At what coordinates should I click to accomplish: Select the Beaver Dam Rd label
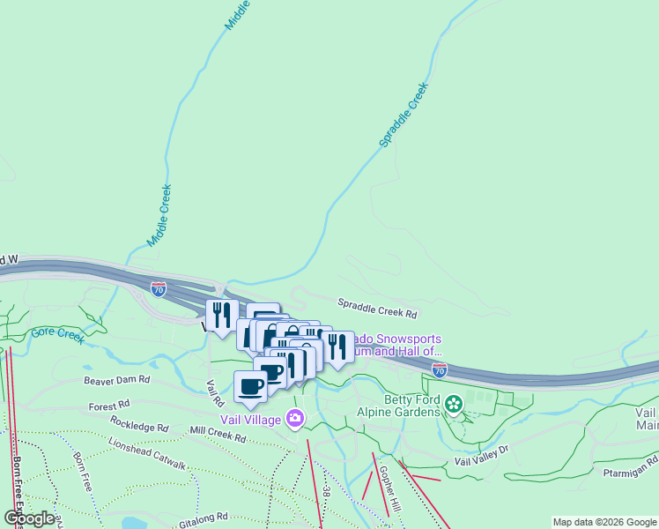[117, 380]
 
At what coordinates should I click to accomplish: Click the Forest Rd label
[107, 407]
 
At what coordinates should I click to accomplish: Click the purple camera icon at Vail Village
[295, 421]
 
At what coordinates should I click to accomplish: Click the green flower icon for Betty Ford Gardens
[454, 405]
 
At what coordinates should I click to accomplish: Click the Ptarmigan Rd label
[628, 461]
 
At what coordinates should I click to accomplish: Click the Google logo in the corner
[29, 518]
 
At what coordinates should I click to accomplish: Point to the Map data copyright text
[604, 522]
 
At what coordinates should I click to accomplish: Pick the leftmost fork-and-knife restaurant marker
[222, 314]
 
